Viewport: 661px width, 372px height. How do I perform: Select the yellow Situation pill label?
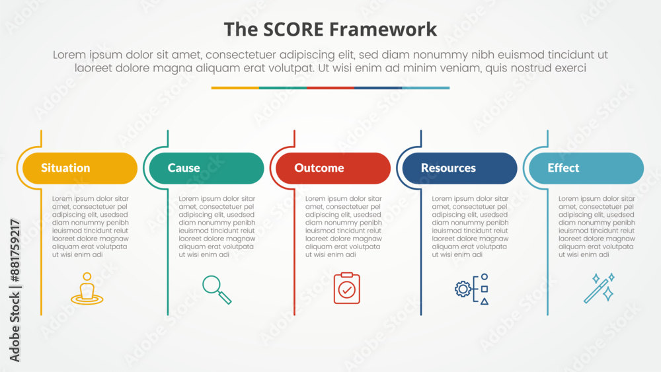click(x=79, y=168)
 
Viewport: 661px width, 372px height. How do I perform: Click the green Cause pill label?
click(x=206, y=168)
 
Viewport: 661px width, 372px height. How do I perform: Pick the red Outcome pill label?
click(x=332, y=168)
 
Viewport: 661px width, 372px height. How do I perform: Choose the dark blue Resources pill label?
click(x=459, y=168)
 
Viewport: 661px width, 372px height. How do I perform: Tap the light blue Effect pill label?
click(x=586, y=168)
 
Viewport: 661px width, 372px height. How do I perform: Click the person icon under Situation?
click(x=87, y=289)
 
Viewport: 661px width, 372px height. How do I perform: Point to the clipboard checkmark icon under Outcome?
click(x=347, y=288)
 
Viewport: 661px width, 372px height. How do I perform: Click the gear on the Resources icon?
click(x=463, y=289)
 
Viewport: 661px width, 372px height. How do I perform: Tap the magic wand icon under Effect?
click(x=599, y=288)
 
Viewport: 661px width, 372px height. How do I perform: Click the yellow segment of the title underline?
click(x=235, y=88)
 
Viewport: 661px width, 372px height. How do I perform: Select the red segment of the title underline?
click(x=330, y=88)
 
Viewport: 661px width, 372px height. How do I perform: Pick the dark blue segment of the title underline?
click(x=378, y=88)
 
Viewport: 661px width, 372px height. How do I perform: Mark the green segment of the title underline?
click(x=283, y=88)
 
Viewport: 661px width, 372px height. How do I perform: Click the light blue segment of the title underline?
click(x=426, y=88)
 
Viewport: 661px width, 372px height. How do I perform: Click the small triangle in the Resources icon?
click(x=485, y=301)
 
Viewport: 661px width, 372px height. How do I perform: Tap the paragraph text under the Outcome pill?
click(x=343, y=227)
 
